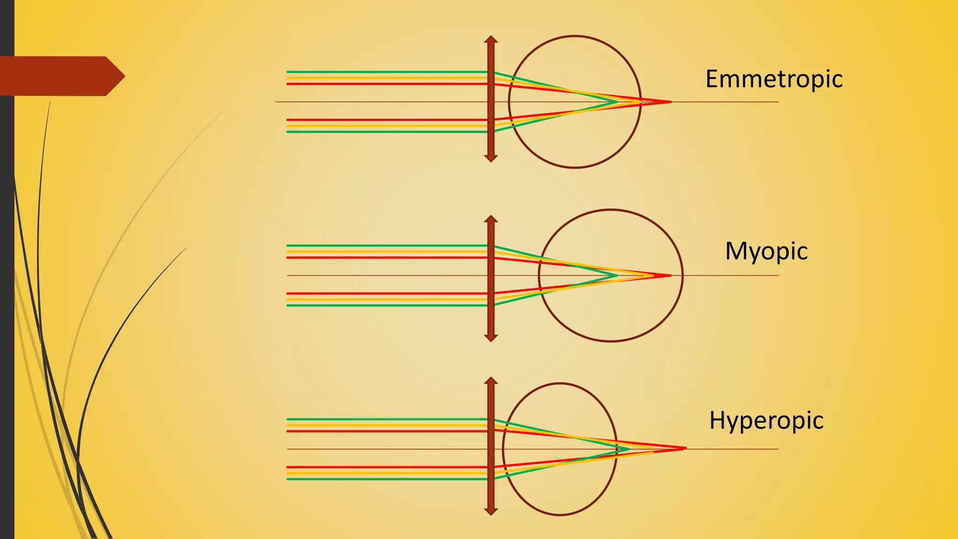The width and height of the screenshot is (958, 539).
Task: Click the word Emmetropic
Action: tap(774, 79)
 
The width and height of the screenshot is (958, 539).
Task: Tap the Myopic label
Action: tap(766, 252)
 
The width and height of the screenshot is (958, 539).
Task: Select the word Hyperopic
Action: tap(766, 420)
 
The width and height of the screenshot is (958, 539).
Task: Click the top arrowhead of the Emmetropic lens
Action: tap(491, 39)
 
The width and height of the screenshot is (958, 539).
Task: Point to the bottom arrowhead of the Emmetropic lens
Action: tap(491, 158)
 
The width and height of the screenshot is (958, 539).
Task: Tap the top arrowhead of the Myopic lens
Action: tap(491, 219)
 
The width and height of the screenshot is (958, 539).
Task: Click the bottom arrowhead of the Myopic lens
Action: tap(491, 338)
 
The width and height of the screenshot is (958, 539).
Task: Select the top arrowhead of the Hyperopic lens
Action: tap(491, 381)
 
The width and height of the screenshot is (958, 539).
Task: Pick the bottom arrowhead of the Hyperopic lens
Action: tap(491, 511)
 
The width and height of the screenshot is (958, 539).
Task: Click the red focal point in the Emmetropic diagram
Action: tap(670, 102)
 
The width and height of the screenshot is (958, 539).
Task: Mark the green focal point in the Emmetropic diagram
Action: tap(616, 102)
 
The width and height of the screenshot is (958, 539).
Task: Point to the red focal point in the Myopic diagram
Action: tap(670, 275)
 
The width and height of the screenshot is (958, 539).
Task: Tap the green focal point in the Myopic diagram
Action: tap(616, 275)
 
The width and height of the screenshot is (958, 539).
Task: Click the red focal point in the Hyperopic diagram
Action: tap(684, 448)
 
